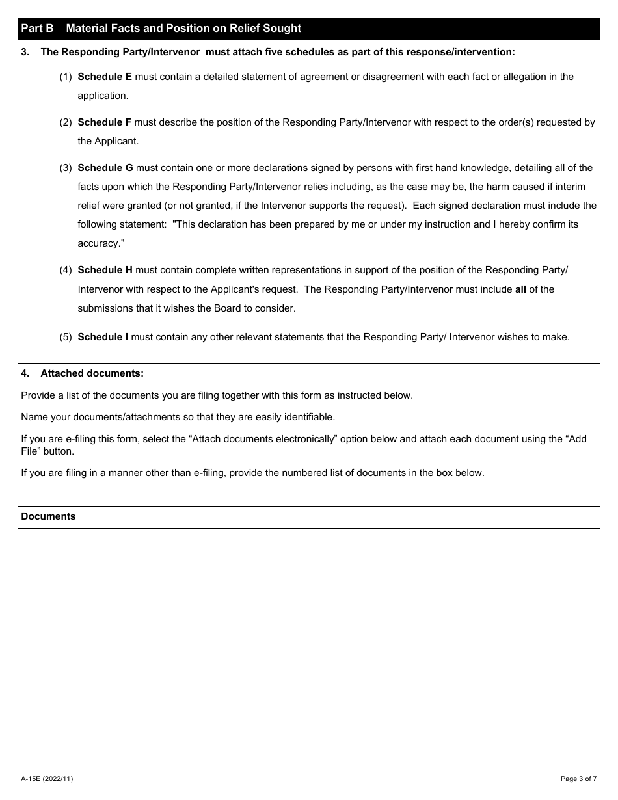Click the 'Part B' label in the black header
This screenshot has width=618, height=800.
[x=37, y=29]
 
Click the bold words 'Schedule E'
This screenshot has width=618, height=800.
[x=105, y=77]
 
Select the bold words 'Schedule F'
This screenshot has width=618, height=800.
[x=105, y=122]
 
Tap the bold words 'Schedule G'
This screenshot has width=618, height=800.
[x=105, y=168]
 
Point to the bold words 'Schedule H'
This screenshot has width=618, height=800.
[x=105, y=270]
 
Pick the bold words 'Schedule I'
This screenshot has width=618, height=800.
[x=103, y=337]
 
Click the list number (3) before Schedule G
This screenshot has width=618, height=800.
[x=66, y=168]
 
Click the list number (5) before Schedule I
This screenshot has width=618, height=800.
[x=66, y=337]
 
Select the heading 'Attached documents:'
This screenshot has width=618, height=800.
[x=92, y=373]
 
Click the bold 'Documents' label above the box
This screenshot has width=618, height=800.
[x=48, y=516]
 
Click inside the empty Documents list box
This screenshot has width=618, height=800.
[x=308, y=595]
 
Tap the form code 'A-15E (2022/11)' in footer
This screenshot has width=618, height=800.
[x=47, y=779]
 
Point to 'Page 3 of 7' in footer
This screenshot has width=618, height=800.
[x=578, y=779]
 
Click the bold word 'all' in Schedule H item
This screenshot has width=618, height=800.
[x=520, y=289]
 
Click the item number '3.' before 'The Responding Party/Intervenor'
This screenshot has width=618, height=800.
[x=25, y=52]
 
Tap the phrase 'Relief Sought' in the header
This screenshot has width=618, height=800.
[x=269, y=29]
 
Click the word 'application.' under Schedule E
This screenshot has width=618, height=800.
[x=103, y=96]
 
